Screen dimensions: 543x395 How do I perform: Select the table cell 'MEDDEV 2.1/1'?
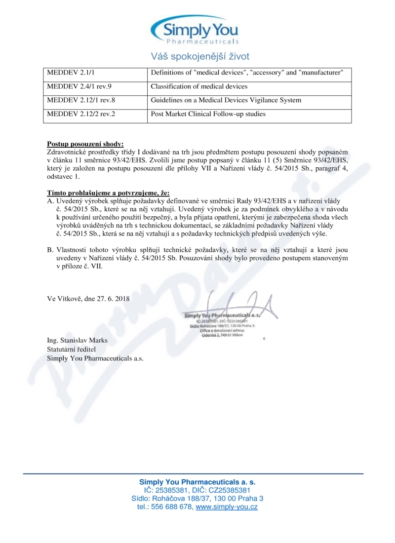point(66,73)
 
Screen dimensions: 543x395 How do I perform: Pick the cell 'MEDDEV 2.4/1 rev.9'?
point(76,86)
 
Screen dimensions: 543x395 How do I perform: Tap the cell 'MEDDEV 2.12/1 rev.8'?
point(78,100)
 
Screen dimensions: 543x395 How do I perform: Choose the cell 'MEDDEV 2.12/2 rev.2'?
point(78,114)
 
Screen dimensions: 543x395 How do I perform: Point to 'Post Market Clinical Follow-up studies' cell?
point(208,114)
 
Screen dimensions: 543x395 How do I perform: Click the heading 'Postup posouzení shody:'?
point(85,145)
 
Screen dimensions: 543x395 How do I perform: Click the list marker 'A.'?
point(50,201)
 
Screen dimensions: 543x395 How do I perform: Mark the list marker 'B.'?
point(50,251)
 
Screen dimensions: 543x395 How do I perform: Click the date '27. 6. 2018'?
point(115,299)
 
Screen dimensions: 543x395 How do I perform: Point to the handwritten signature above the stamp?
point(232,304)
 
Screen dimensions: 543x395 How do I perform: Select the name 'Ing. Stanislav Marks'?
point(77,341)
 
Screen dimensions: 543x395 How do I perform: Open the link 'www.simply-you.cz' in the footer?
point(227,507)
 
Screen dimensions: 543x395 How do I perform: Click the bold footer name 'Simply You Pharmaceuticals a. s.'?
point(197,481)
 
